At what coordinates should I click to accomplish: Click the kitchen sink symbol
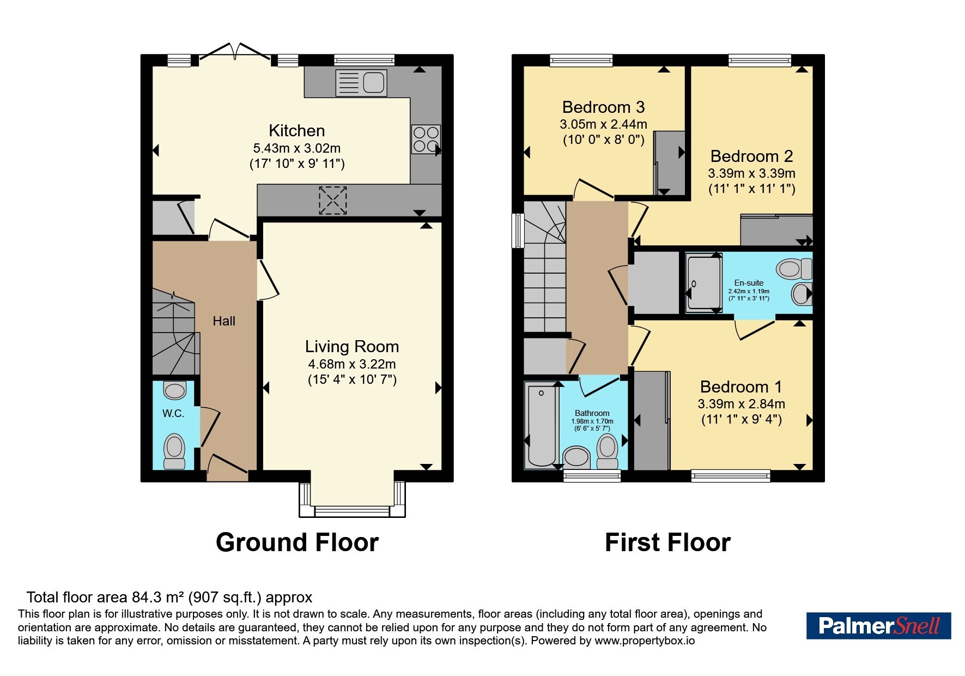click(361, 83)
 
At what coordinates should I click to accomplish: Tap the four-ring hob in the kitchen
click(426, 139)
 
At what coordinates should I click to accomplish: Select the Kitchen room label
click(297, 131)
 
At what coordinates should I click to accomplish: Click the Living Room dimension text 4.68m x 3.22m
click(352, 364)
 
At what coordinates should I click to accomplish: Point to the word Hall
click(224, 321)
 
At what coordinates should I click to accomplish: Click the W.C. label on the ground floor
click(173, 414)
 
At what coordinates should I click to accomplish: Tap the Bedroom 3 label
click(604, 107)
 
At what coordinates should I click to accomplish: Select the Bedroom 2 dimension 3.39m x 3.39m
click(752, 173)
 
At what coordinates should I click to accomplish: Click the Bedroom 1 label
click(741, 387)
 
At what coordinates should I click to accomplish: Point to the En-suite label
click(749, 283)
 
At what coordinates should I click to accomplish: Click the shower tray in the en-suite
click(703, 283)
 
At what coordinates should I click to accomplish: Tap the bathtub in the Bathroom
click(542, 426)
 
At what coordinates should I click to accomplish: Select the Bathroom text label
click(592, 413)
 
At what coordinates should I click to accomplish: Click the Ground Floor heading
click(297, 542)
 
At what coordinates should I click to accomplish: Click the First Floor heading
click(667, 542)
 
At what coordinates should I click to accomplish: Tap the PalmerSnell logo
click(878, 626)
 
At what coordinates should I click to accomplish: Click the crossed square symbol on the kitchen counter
click(332, 200)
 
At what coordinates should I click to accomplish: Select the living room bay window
click(352, 499)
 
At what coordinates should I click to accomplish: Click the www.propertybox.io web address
click(645, 641)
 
